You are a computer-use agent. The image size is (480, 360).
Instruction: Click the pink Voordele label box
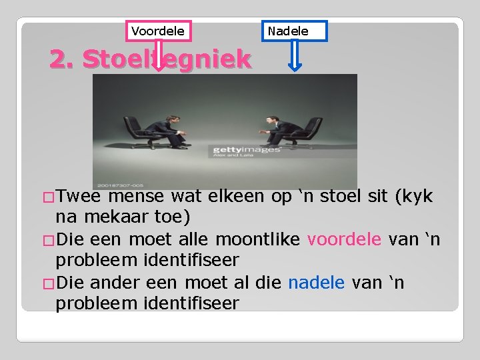click(158, 31)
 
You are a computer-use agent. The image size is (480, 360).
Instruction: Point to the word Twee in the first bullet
click(79, 197)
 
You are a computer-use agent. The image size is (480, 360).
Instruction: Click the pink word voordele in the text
click(344, 239)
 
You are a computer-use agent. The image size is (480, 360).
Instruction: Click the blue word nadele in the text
click(316, 283)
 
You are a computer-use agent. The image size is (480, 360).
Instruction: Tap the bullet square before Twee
click(47, 197)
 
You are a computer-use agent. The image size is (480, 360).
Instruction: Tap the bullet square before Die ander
click(47, 283)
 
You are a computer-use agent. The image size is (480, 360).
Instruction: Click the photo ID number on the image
click(121, 185)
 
